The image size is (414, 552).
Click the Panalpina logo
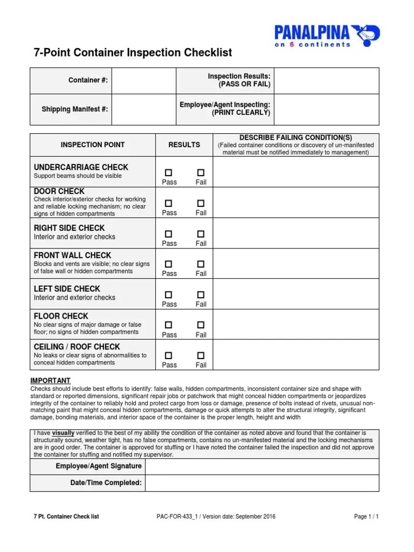327,35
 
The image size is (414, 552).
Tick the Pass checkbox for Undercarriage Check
169,172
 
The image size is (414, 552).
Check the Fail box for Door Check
201,203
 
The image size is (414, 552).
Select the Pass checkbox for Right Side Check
169,234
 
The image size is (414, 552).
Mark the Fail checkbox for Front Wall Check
201,264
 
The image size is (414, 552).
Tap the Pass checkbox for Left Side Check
169,295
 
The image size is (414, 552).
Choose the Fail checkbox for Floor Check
201,325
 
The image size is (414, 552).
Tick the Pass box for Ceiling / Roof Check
169,356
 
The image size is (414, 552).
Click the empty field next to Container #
144,80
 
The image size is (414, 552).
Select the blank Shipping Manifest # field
144,109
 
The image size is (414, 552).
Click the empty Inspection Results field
326,80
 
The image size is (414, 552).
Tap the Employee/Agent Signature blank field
262,466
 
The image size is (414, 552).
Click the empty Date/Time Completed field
262,483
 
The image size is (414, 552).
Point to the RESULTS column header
184,144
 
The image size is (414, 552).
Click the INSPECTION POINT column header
93,144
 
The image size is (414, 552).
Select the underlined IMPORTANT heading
50,381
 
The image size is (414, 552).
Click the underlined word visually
63,433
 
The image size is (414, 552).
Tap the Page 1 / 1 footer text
366,516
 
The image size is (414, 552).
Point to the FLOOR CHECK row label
61,316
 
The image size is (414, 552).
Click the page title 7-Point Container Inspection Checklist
133,53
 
